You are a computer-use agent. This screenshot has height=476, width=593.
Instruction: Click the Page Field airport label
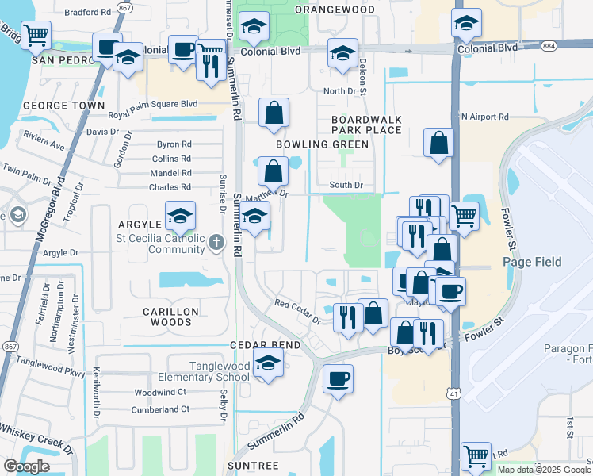pos(532,262)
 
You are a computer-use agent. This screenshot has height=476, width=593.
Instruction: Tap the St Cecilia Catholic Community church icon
pos(218,243)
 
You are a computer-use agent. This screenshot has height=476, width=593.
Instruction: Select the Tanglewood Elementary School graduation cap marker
pos(269,364)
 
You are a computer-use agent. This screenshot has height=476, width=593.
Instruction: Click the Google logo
pos(26,466)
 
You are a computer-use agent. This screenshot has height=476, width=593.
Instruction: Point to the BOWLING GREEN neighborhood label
pos(322,144)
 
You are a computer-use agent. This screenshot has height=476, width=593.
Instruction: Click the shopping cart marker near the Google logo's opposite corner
pos(476,456)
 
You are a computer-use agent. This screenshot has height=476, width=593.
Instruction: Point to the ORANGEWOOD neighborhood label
pos(335,9)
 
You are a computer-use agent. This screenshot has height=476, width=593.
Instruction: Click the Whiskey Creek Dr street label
pos(35,439)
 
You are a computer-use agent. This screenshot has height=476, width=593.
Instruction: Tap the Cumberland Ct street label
pos(162,409)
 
